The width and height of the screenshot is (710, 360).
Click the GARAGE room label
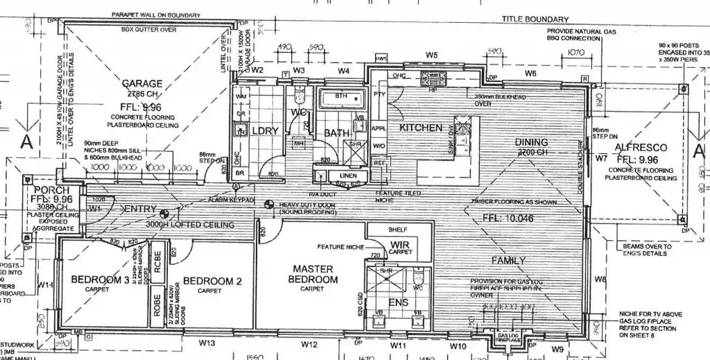[143, 83]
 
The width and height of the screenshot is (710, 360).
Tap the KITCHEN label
[420, 128]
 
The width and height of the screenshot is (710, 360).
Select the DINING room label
[532, 143]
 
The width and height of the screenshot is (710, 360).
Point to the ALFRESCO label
[641, 148]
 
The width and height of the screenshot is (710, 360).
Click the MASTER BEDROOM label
[313, 274]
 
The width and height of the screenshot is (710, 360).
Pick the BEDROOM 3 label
[100, 280]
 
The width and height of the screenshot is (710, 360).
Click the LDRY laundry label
[265, 131]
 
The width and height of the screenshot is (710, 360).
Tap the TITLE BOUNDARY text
[535, 19]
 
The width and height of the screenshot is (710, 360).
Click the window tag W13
[207, 343]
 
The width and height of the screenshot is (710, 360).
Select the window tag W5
[432, 54]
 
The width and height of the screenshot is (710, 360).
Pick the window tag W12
[309, 343]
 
